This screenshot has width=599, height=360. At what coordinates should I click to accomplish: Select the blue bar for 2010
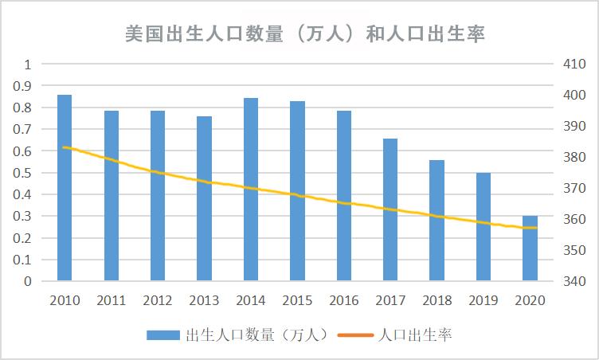point(65,188)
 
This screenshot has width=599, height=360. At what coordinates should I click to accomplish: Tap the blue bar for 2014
point(251,190)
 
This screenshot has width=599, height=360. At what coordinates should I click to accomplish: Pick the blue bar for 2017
point(390,209)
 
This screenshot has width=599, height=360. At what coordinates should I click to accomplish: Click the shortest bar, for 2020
point(530,248)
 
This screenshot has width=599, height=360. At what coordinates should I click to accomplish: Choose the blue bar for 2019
point(484,227)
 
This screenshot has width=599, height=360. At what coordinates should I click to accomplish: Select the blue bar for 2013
point(205,198)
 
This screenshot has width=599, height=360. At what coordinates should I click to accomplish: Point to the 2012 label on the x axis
point(158,300)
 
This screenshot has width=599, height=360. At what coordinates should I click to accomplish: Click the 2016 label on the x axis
point(344,300)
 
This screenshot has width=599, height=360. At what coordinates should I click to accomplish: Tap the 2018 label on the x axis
point(437,300)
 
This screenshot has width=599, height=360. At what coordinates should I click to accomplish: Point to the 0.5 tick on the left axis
point(25,173)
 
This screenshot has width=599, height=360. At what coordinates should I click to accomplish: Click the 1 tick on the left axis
point(28,65)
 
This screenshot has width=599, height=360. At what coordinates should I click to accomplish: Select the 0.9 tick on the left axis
point(25,86)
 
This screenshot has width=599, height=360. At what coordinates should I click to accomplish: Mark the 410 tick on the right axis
point(574,65)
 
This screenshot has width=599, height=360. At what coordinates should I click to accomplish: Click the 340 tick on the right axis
point(574,281)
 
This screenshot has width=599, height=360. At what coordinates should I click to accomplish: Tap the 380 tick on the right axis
point(574,158)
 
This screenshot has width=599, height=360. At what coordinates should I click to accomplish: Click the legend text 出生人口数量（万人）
point(257,335)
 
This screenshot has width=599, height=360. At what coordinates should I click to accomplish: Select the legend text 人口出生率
point(416,335)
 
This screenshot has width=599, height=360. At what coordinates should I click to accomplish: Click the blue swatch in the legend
point(163,335)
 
